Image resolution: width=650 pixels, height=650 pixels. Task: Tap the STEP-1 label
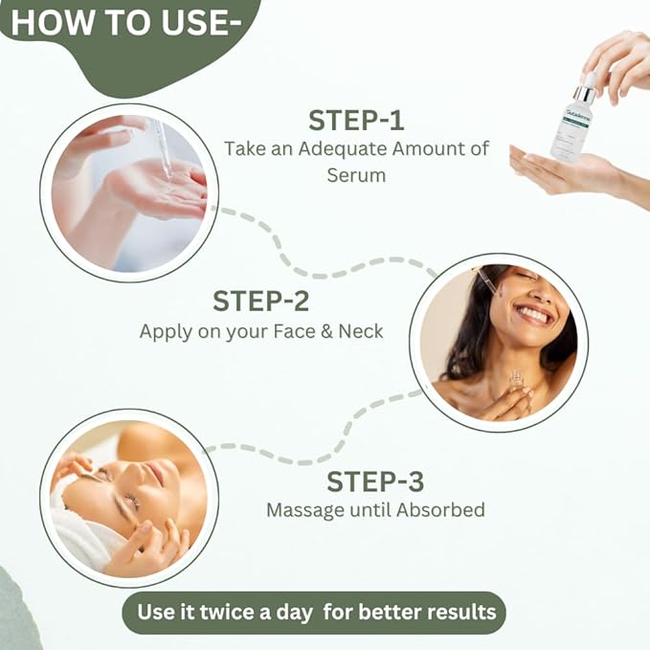click(x=356, y=121)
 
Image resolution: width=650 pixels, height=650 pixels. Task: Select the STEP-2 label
click(x=261, y=301)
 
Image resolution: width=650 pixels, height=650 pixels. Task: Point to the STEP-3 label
click(x=375, y=480)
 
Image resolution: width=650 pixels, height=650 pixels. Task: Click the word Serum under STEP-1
click(x=356, y=176)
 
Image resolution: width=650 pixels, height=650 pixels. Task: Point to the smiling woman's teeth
click(x=532, y=314)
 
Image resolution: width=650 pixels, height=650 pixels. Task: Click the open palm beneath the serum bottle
click(x=565, y=172)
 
